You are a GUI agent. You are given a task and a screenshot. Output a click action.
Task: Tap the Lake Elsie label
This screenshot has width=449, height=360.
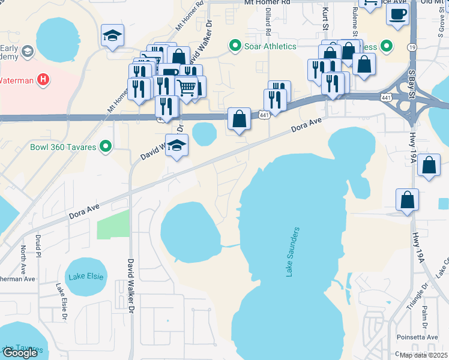coord(86,277)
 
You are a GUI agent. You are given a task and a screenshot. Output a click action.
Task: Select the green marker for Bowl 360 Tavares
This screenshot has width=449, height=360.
coord(106,146)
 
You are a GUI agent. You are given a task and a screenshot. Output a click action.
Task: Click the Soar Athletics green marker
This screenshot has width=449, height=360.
coord(235,46)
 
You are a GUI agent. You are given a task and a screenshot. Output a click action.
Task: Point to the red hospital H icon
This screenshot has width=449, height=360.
coord(43,79)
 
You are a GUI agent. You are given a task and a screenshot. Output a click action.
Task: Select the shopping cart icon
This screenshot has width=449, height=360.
coord(187,88)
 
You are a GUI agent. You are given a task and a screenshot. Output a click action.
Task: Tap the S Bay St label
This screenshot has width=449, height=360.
coord(412,89)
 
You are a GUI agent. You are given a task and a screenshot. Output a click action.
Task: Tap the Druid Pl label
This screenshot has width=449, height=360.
coord(38,246)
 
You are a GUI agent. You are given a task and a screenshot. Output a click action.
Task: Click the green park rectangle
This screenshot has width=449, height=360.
coord(113,224)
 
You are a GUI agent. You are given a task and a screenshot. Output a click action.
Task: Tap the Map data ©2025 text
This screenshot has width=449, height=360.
coord(423,355)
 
